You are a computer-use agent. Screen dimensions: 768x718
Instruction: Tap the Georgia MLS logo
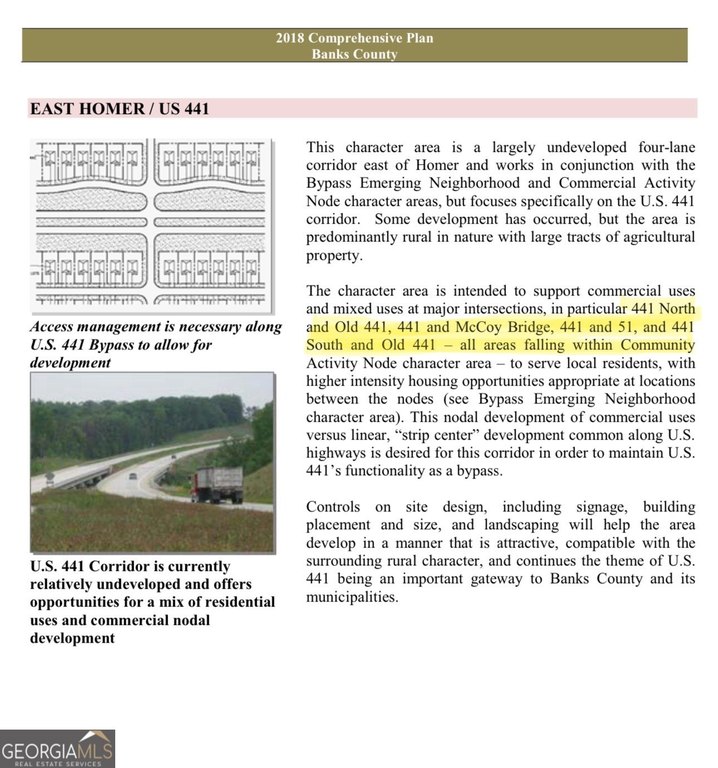58,749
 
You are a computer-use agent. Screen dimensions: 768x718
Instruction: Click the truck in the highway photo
217,485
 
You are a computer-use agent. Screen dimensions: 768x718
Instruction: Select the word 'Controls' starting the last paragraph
338,506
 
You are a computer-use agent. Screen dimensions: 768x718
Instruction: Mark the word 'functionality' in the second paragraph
369,471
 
